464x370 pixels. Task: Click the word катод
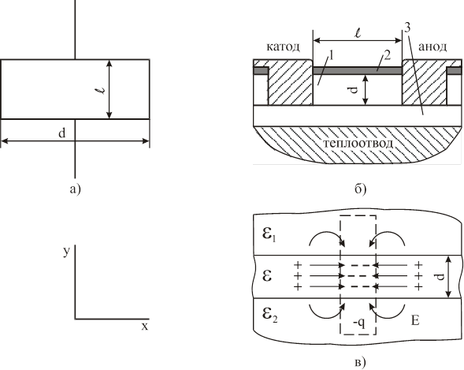(x=283, y=47)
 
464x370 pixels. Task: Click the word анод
(x=432, y=47)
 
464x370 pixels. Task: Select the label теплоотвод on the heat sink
(x=358, y=144)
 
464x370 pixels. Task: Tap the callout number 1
(x=332, y=55)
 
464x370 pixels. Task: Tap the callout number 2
(x=387, y=54)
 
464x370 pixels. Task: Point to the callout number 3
(x=407, y=28)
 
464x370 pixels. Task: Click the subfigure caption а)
(x=75, y=189)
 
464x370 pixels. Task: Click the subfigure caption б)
(x=360, y=189)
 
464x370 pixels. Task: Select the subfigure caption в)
(x=360, y=362)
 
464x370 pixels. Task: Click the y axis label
(x=67, y=252)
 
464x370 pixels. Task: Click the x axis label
(x=144, y=327)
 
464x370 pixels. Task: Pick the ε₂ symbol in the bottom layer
(x=269, y=315)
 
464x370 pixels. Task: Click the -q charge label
(x=358, y=323)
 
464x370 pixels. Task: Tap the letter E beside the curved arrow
(x=415, y=320)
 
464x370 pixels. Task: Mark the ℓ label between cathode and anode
(x=358, y=33)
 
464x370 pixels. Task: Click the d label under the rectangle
(x=61, y=133)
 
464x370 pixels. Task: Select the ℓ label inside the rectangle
(x=102, y=89)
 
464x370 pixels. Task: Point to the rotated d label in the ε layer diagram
(x=440, y=276)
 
